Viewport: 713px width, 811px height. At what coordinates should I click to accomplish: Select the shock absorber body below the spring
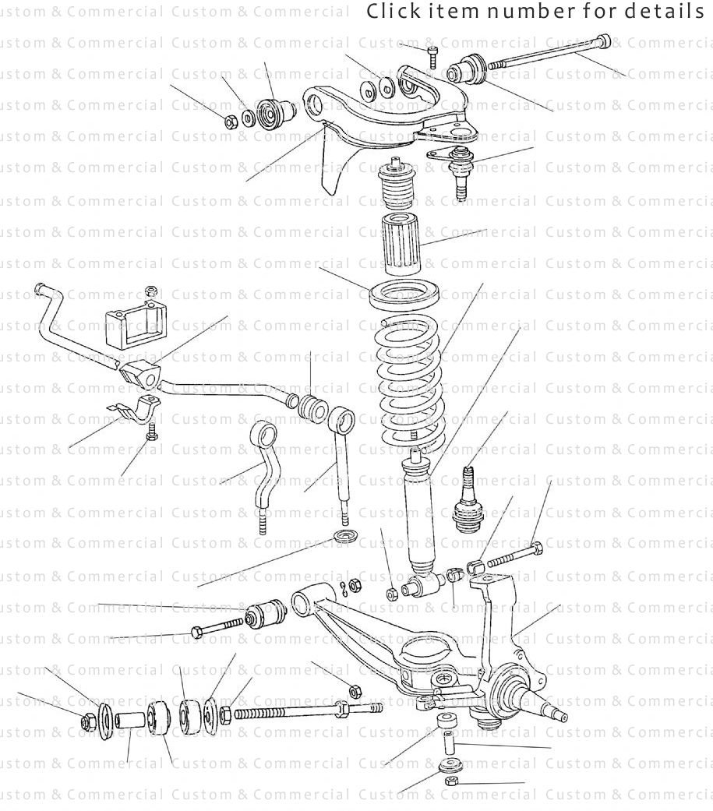[x=419, y=514]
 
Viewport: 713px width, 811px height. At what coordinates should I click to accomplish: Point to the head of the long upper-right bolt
[x=605, y=41]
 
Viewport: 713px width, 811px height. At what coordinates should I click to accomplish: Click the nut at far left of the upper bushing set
[x=231, y=122]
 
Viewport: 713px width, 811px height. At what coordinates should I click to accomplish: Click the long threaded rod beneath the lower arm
[x=304, y=711]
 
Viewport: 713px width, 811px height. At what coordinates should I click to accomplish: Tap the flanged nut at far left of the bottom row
[x=86, y=722]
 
